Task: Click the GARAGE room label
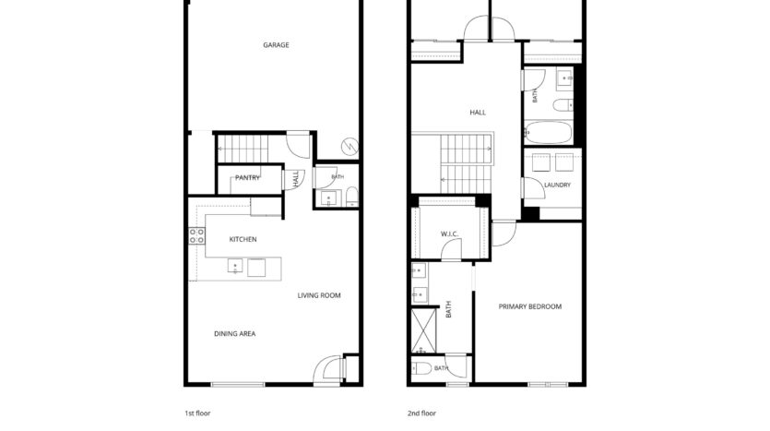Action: (x=276, y=44)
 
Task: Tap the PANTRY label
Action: (x=247, y=177)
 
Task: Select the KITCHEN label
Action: (x=243, y=239)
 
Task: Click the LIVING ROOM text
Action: (x=319, y=295)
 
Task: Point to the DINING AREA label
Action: (x=235, y=334)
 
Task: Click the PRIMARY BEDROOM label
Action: (x=530, y=306)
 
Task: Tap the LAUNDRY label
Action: (x=557, y=185)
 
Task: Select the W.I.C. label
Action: (x=449, y=233)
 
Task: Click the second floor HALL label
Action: (x=478, y=113)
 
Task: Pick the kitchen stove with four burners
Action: (x=197, y=236)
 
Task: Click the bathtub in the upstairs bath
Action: (x=548, y=132)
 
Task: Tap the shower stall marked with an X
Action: (x=423, y=330)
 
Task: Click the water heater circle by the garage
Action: (x=349, y=147)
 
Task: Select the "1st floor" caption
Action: (x=197, y=413)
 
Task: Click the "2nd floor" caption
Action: (x=421, y=413)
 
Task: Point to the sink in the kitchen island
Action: (x=235, y=267)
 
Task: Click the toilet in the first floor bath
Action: (x=352, y=197)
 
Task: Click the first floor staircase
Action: (x=243, y=149)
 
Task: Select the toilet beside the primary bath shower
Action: (x=421, y=368)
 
